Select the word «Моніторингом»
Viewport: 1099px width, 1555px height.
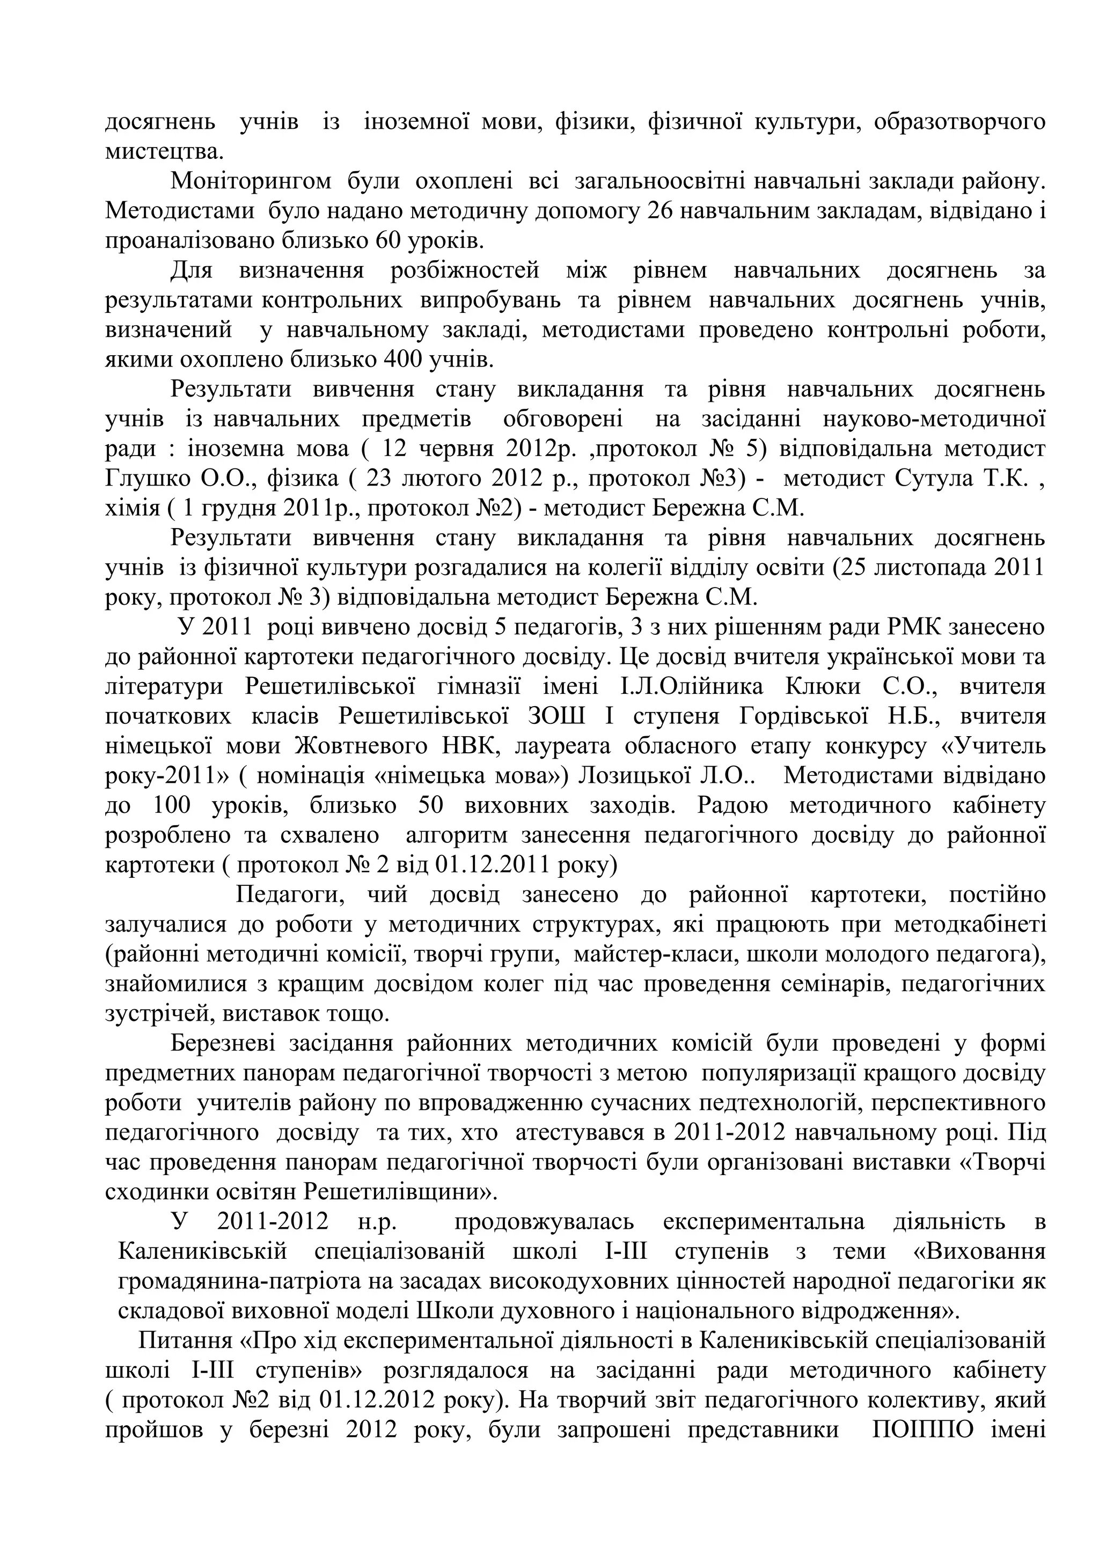(251, 181)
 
